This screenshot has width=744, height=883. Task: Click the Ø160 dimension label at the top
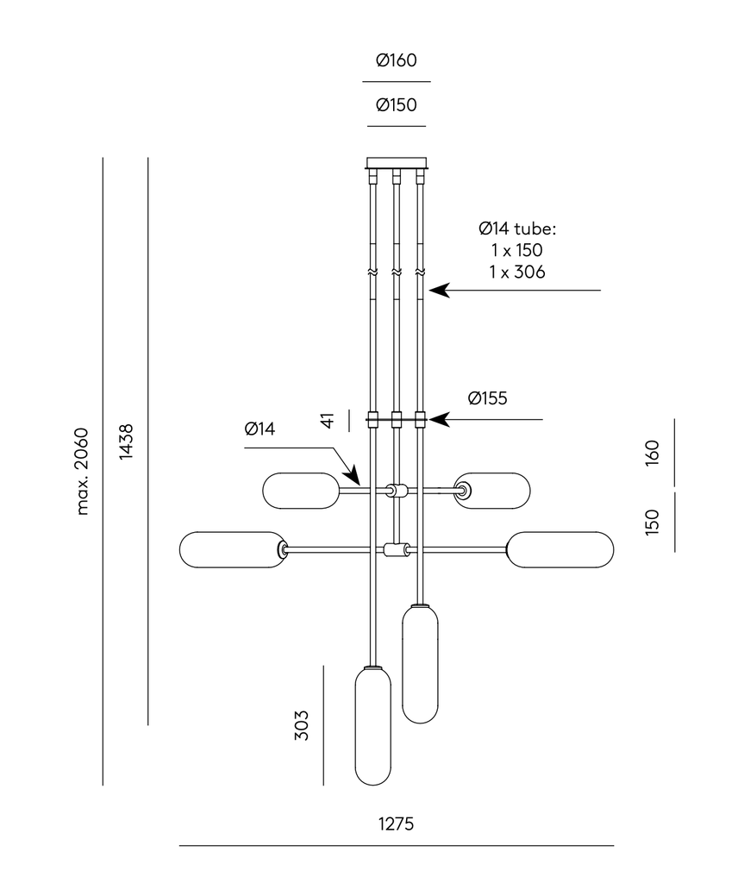(x=397, y=60)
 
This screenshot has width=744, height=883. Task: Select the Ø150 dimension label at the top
(x=397, y=105)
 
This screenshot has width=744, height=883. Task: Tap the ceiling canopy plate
(x=397, y=162)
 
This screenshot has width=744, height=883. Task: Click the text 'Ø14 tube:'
(x=518, y=229)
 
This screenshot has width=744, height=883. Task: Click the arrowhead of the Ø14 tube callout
(x=437, y=291)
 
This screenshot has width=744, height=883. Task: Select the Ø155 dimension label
(x=488, y=398)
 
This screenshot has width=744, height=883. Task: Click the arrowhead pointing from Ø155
(x=437, y=420)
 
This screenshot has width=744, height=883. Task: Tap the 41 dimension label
(x=327, y=420)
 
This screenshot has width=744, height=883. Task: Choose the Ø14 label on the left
(x=259, y=429)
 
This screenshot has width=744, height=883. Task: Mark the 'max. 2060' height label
(x=83, y=471)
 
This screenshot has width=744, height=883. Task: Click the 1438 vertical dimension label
(x=127, y=441)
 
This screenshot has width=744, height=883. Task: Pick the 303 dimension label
(x=301, y=725)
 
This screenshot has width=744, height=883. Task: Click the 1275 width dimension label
(x=397, y=824)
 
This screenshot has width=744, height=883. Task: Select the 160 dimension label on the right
(x=652, y=452)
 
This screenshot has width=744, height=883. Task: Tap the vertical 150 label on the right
(x=652, y=522)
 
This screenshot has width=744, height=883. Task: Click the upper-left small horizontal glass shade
(x=301, y=491)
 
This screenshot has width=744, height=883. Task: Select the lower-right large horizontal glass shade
(x=560, y=550)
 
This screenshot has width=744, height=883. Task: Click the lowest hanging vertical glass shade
(x=373, y=726)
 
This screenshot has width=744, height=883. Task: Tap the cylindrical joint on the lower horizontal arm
(x=397, y=550)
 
